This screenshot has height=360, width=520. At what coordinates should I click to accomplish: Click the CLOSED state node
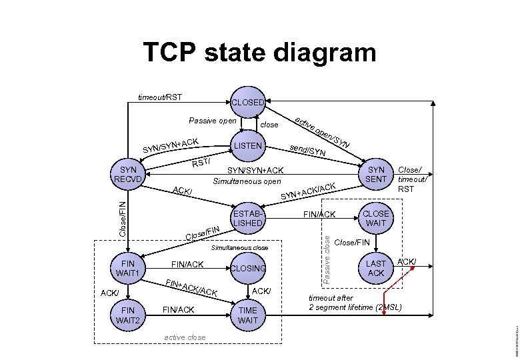point(248,103)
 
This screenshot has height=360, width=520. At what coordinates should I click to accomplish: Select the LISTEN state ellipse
point(248,145)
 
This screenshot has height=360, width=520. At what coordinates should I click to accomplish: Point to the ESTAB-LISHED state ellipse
point(248,219)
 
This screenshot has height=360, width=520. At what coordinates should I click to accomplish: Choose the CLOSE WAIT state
point(376,219)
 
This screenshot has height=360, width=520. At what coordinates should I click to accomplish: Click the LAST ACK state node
point(376,268)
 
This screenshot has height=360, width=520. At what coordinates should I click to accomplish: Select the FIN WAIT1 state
point(126,268)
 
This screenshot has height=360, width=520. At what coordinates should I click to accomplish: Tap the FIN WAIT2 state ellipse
point(126,315)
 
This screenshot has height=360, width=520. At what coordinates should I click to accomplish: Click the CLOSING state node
point(248,268)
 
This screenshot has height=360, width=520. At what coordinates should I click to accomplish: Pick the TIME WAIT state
point(248,315)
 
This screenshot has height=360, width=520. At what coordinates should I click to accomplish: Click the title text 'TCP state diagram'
point(260,52)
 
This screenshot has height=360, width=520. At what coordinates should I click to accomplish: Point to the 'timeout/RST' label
point(160,97)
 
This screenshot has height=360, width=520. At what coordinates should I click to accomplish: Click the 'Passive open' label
point(212,121)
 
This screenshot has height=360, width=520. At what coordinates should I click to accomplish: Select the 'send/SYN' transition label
point(307,151)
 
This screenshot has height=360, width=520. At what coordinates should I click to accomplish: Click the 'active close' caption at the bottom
point(185,337)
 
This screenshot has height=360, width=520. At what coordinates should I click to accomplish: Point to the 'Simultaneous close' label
point(239,247)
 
